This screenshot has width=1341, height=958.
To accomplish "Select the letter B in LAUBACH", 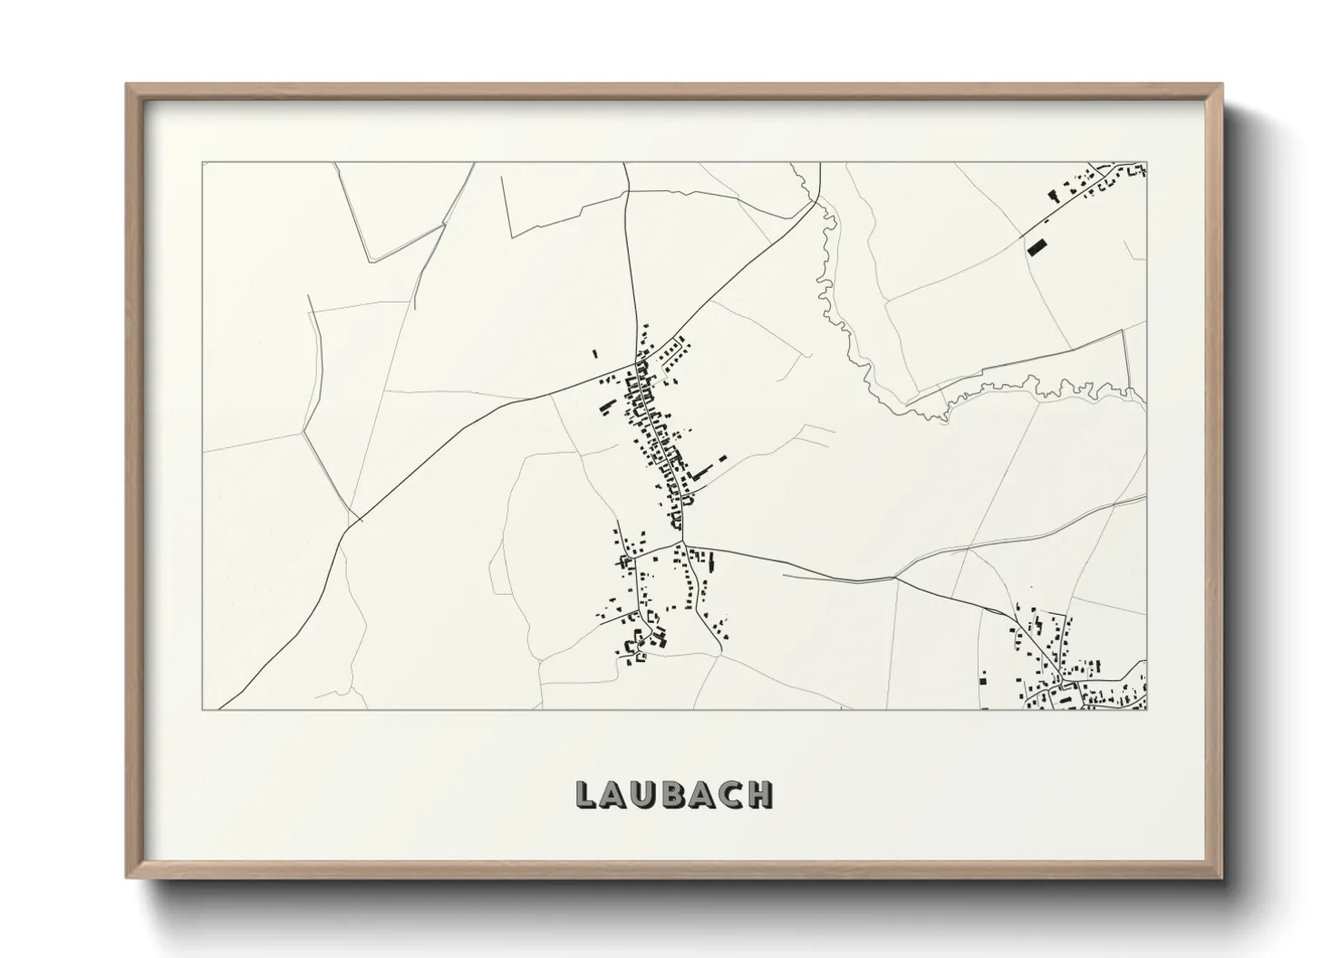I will click(x=673, y=794).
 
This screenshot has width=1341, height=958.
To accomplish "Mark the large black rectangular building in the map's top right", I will click(x=1036, y=245).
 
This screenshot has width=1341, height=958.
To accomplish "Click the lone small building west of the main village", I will click(x=595, y=354).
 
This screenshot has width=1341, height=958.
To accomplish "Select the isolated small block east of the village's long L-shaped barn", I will click(x=722, y=459).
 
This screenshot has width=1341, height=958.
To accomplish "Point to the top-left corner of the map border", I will click(x=202, y=163).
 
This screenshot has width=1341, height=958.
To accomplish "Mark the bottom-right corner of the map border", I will click(x=1146, y=710).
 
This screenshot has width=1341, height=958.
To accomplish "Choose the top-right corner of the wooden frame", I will click(x=1221, y=85).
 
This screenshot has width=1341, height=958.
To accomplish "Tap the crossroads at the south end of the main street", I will click(x=682, y=545).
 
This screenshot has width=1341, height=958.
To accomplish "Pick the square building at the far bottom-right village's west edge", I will click(x=983, y=677).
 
